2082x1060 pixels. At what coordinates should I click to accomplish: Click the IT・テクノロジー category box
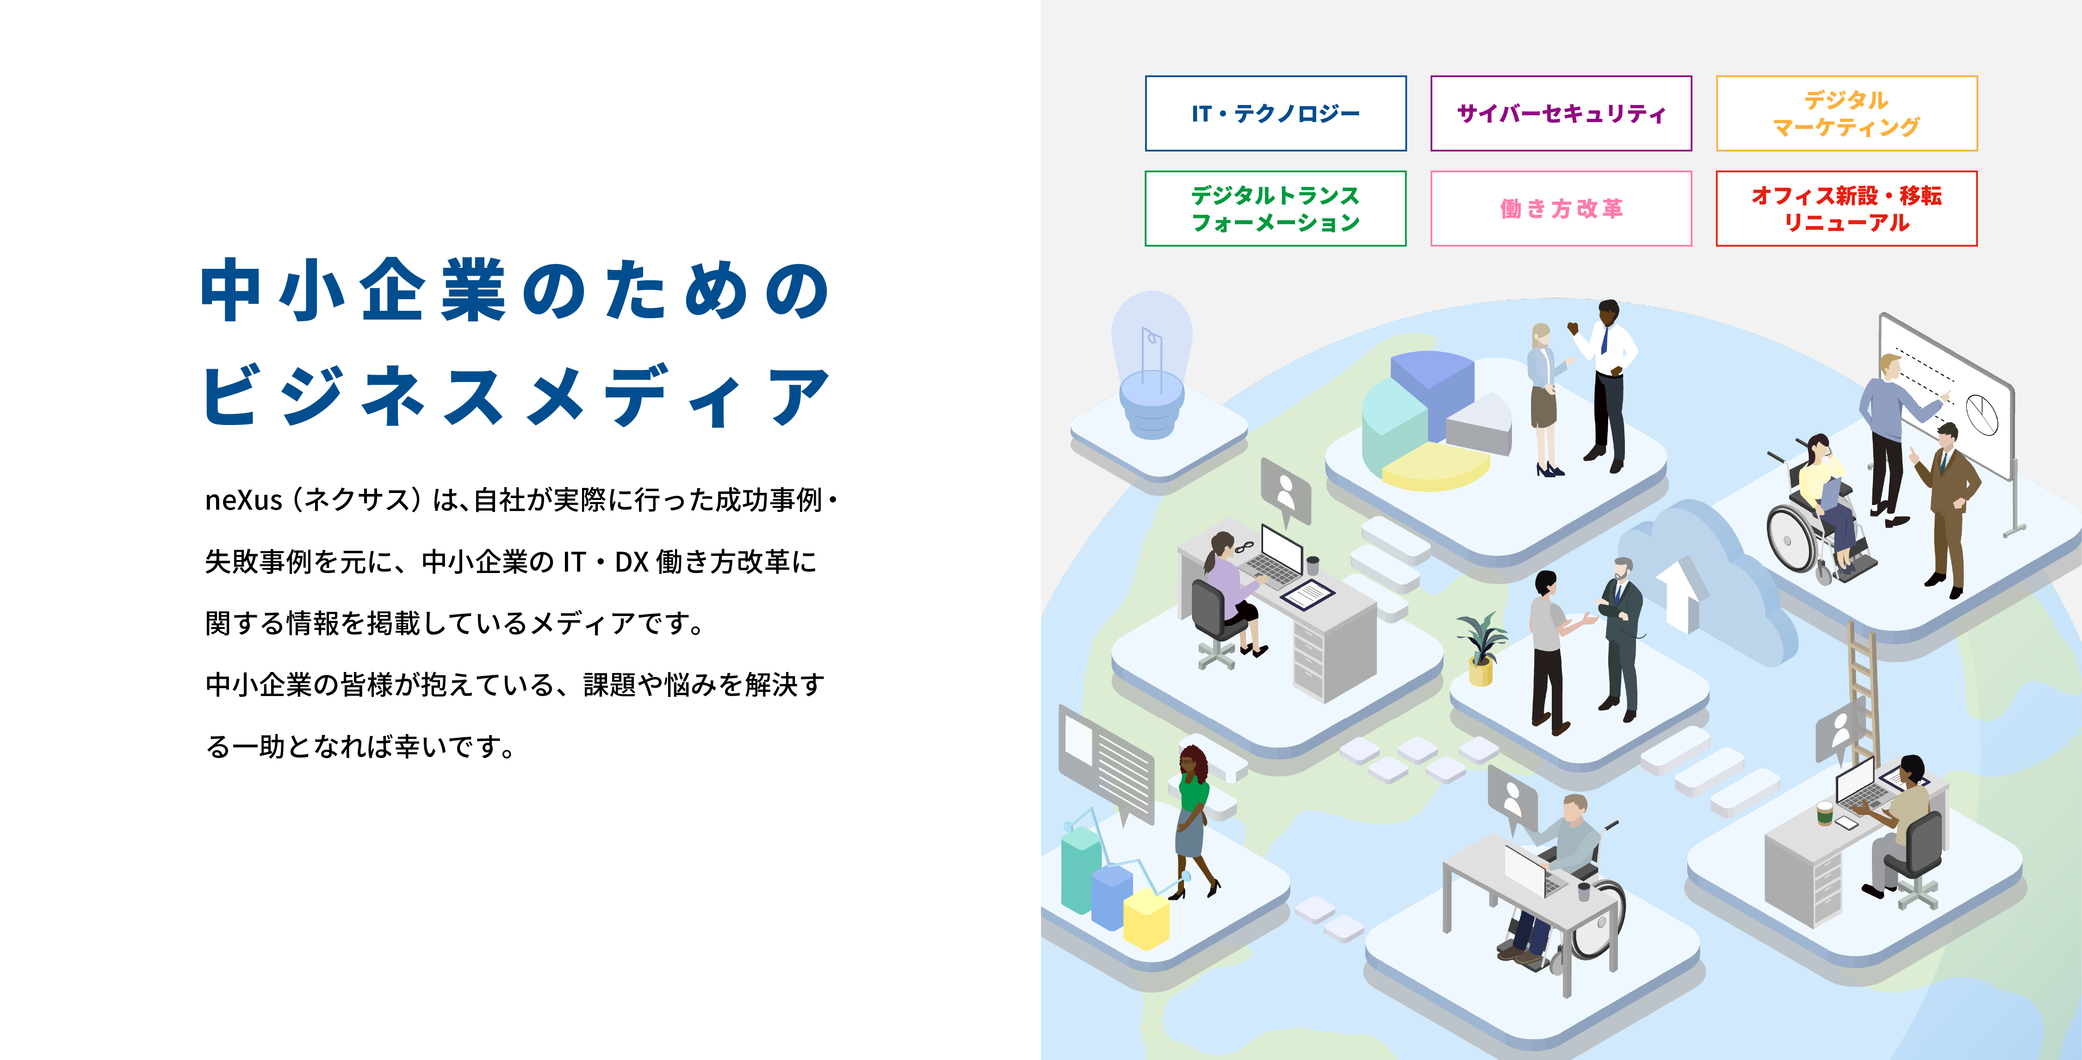1276,113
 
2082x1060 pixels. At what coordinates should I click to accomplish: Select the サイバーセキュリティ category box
1561,113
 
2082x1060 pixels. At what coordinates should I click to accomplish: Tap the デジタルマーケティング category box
1847,113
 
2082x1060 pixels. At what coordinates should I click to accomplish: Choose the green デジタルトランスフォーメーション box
1276,209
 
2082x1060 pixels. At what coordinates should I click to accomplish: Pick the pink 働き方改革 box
1561,209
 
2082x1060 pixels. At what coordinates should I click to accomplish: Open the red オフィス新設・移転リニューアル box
1847,209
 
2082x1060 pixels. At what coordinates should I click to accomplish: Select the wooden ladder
1863,695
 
